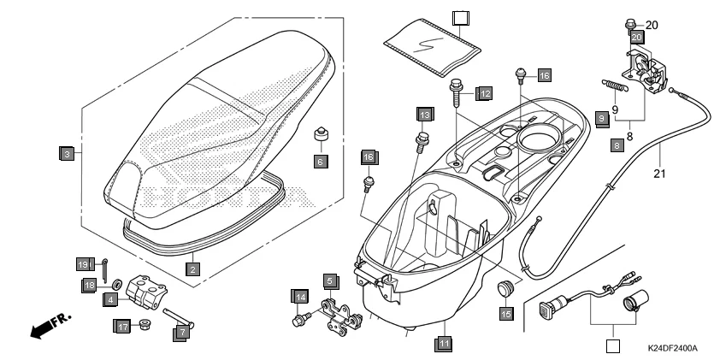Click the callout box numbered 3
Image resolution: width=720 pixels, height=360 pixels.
tap(66, 155)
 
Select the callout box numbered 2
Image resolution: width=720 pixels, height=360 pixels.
tap(193, 269)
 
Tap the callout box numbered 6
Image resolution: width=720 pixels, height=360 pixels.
tap(321, 161)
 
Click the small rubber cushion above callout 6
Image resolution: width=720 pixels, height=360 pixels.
tap(322, 137)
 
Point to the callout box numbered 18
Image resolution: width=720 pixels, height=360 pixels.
tap(89, 285)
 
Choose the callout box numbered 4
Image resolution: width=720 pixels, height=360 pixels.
tap(111, 299)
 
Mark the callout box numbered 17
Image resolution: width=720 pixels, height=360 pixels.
tap(123, 326)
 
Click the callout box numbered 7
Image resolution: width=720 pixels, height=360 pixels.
tap(180, 333)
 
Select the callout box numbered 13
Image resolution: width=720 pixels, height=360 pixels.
tap(425, 114)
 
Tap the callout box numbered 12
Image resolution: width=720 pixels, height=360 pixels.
tap(484, 92)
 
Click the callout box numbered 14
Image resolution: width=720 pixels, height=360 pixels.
tap(299, 297)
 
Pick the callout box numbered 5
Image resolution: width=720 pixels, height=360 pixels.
tap(330, 280)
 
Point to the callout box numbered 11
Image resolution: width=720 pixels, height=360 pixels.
tap(443, 344)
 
